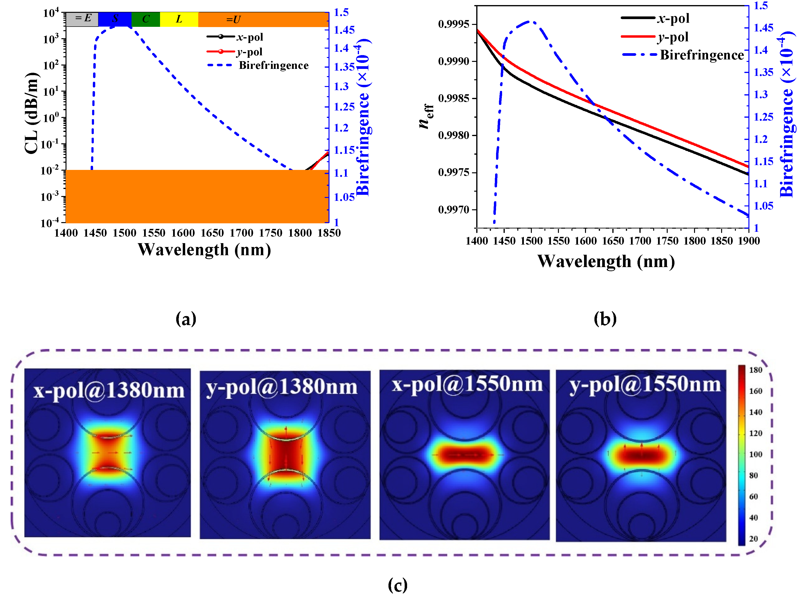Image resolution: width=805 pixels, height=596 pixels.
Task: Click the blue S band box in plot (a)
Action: click(115, 19)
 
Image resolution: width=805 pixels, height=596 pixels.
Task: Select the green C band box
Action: click(146, 19)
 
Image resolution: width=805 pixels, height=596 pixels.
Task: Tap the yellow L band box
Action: click(179, 19)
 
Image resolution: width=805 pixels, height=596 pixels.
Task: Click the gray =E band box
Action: click(82, 19)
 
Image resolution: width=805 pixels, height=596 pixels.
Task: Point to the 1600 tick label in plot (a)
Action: click(183, 233)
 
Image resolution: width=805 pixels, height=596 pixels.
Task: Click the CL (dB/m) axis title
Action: click(32, 113)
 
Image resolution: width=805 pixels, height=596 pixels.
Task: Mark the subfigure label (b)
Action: click(605, 319)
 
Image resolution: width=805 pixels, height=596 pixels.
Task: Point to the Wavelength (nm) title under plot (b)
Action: click(606, 261)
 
